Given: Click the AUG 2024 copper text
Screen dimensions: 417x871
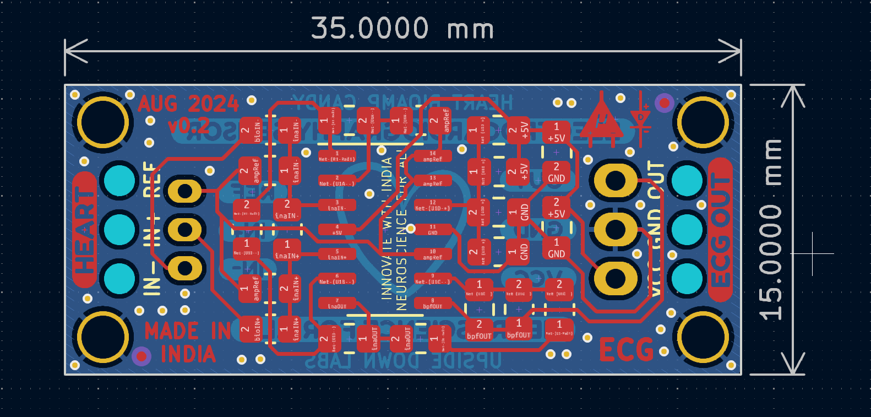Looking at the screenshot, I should [188, 104].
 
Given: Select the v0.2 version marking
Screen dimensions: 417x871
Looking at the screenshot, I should [188, 126].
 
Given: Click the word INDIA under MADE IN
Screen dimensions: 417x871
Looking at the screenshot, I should [188, 354].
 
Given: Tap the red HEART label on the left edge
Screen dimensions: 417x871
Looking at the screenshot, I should [84, 229].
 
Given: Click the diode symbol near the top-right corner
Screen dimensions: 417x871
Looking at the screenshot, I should [641, 119].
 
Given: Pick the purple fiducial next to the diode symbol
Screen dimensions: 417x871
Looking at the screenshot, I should [664, 102].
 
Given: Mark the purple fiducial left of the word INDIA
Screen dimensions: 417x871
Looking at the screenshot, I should [141, 356].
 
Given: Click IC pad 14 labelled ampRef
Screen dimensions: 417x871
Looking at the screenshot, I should [433, 156].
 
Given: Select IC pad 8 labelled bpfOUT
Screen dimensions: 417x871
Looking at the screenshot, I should [433, 304].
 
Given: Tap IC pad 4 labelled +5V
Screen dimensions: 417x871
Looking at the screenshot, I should [337, 230].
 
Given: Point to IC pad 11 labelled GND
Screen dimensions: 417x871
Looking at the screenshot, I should [433, 230].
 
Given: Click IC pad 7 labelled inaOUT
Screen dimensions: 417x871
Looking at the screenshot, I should [337, 304].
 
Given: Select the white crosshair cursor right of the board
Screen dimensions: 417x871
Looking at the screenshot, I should [813, 253].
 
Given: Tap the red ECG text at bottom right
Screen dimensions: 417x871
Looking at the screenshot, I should [626, 349].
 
